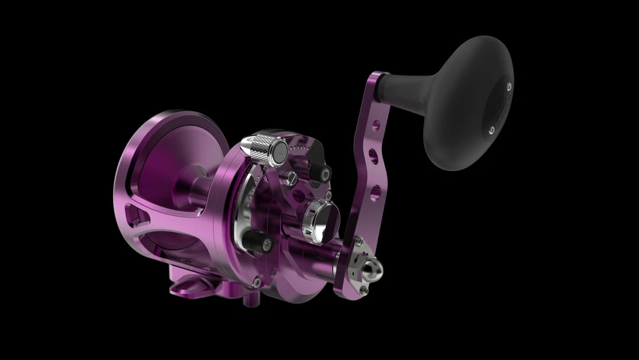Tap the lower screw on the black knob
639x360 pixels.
tap(491, 127)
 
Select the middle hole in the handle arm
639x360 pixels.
tap(371, 155)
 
